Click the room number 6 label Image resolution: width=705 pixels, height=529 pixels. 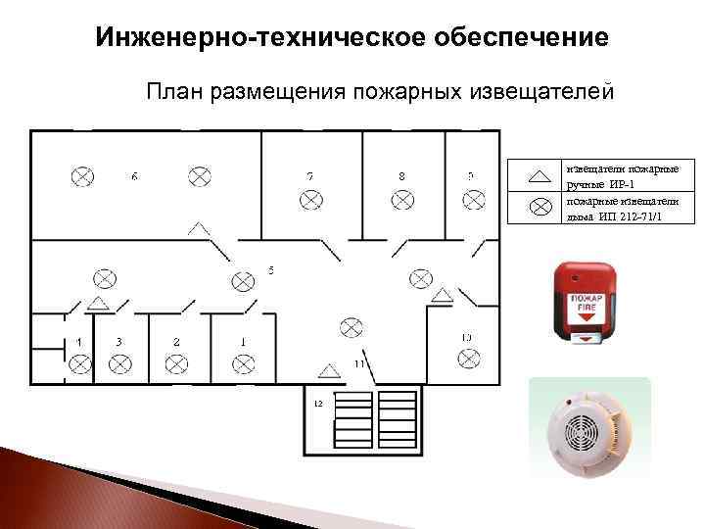point(134,176)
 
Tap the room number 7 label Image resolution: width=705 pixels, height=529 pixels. point(309,176)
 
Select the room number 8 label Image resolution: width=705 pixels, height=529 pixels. point(401,176)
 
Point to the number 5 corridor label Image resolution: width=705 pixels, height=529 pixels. point(271,268)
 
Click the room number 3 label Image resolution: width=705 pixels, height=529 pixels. point(118,342)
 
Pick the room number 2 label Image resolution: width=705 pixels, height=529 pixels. point(177,342)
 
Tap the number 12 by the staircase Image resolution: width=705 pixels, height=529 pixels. point(318,403)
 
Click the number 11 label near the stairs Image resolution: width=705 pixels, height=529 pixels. point(359,363)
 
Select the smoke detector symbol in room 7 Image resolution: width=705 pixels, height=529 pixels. point(310,199)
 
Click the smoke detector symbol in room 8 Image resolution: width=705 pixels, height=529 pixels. point(402,199)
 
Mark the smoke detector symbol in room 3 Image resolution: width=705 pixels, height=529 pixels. point(119,364)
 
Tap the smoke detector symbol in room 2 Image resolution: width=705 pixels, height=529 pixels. point(177,364)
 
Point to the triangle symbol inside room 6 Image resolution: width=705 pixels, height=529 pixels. point(199,228)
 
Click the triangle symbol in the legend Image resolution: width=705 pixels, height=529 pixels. point(540,176)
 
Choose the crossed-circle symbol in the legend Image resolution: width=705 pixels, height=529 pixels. point(540,207)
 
